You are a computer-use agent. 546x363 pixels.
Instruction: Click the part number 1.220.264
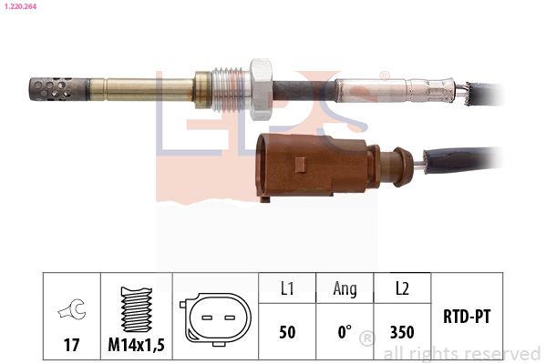tap(20, 6)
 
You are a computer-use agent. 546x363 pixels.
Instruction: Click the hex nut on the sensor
tap(262, 89)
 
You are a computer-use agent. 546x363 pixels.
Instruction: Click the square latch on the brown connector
tap(300, 165)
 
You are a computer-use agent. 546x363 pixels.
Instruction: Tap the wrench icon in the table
tap(72, 308)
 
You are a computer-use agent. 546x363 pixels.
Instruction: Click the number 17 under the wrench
tap(71, 345)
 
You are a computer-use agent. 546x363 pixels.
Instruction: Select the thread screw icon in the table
tap(136, 309)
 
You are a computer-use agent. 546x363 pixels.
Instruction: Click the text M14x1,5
tap(136, 345)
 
